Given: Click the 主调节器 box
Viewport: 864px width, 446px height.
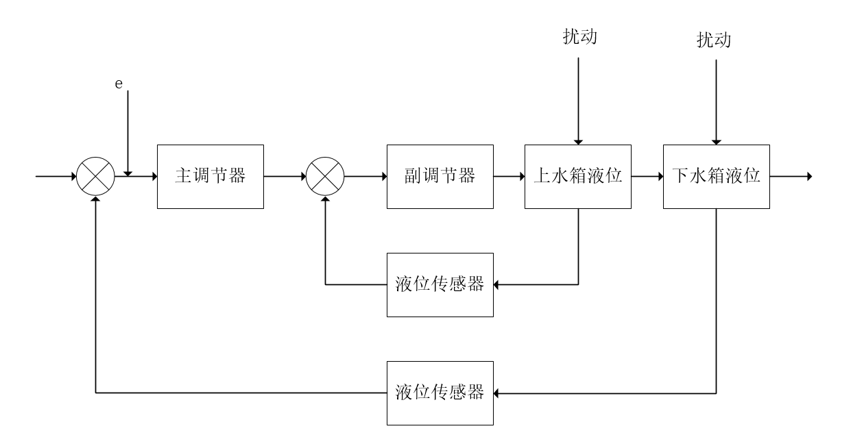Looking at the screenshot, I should [x=211, y=176].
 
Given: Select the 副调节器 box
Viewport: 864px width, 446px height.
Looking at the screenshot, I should [x=440, y=176].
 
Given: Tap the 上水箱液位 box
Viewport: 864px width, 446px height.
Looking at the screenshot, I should [x=577, y=176].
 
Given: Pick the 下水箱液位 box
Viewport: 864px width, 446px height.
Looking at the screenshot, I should [x=716, y=176].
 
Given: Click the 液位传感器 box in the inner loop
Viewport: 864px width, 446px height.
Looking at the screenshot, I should [x=440, y=284].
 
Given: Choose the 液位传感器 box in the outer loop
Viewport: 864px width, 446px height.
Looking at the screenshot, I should [x=440, y=393].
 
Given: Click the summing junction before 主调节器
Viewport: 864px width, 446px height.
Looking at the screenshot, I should [x=95, y=177].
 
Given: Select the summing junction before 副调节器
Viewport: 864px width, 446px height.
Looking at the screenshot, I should [x=325, y=177].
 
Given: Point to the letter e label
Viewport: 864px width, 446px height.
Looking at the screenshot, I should [x=118, y=83].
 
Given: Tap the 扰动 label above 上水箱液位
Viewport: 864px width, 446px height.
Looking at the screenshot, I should [x=579, y=36].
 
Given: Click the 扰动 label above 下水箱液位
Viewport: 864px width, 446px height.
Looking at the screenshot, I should [x=714, y=40].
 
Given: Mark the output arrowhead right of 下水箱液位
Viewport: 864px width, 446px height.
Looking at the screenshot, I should [x=809, y=177].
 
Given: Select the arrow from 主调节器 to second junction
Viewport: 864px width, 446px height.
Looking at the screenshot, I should [x=284, y=177].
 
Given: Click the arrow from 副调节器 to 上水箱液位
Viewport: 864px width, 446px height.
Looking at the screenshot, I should [x=509, y=177].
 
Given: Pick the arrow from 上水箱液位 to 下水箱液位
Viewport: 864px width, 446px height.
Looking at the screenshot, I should [x=647, y=177].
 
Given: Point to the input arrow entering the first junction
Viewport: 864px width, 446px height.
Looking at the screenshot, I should [x=56, y=177].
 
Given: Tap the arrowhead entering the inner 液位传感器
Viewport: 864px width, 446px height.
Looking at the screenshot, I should [x=498, y=284].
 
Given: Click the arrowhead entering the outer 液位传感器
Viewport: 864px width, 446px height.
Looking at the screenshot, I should [x=498, y=393].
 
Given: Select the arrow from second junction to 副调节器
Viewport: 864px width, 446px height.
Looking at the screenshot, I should [x=365, y=177].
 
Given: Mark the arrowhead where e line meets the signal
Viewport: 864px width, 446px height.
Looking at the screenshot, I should [x=128, y=173].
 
